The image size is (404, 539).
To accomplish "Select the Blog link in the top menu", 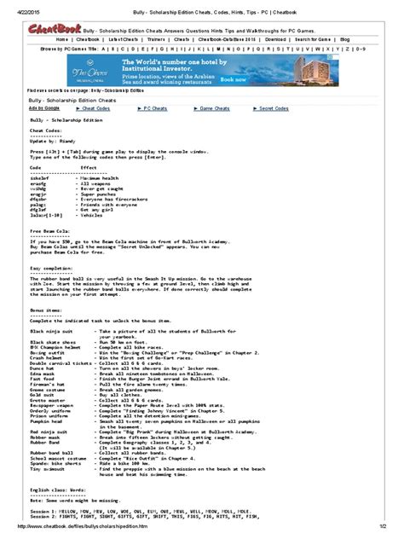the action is click(x=344, y=39).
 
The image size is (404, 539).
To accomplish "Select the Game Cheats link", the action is click(x=202, y=109).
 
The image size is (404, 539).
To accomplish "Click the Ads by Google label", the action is click(x=44, y=109).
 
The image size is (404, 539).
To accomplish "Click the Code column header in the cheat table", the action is click(x=37, y=169).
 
